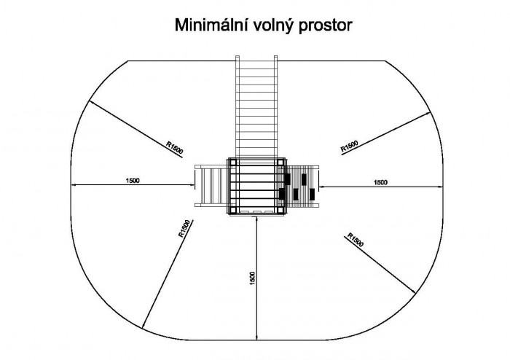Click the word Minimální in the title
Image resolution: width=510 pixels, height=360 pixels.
(x=206, y=25)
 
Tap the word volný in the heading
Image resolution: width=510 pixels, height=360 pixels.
(x=268, y=26)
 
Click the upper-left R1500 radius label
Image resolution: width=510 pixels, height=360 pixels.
(x=175, y=147)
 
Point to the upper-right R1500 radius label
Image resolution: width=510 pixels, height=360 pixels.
(x=349, y=146)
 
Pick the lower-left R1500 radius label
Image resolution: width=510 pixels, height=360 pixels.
(x=184, y=229)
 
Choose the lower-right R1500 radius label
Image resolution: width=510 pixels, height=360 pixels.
(x=356, y=240)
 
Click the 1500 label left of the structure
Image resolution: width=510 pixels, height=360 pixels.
(x=133, y=181)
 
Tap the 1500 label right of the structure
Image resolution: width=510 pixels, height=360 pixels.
(x=380, y=182)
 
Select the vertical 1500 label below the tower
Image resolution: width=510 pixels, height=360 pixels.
(x=252, y=278)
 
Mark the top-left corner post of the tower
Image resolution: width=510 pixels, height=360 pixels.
(x=232, y=163)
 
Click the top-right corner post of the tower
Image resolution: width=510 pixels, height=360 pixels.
(x=280, y=163)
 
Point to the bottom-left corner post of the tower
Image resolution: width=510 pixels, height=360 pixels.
(x=232, y=210)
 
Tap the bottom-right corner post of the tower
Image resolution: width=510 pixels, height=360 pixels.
(x=280, y=210)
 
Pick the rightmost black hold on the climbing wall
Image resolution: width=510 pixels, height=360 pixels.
(x=312, y=194)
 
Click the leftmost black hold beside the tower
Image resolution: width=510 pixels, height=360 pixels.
(x=282, y=194)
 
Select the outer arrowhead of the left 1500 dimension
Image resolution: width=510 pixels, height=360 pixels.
(x=73, y=184)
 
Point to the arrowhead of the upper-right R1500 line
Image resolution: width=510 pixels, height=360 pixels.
(x=428, y=114)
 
